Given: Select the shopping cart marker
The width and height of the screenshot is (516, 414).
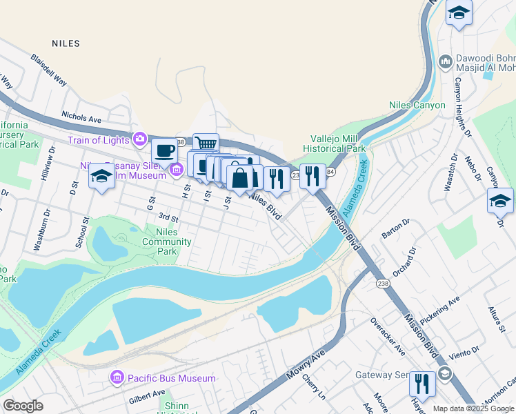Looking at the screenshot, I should (x=206, y=144).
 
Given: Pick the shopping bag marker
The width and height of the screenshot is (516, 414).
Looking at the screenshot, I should (x=239, y=177).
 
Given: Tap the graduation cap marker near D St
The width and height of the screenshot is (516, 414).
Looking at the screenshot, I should (x=101, y=176).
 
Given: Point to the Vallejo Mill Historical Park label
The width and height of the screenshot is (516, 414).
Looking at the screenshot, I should (x=337, y=143).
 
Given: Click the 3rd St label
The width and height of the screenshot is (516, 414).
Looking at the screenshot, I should (x=168, y=219).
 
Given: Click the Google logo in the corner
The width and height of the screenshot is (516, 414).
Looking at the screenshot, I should (x=23, y=406).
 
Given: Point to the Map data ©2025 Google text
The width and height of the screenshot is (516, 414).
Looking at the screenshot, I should (x=473, y=408).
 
